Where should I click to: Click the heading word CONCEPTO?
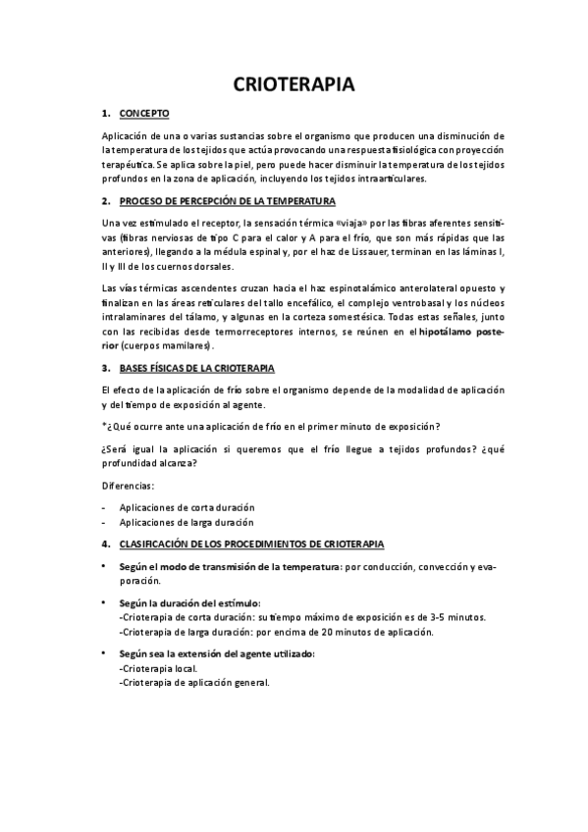pos(144,114)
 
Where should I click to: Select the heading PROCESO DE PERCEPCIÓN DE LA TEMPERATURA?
pos(228,201)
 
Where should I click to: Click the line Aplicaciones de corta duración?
pos(187,507)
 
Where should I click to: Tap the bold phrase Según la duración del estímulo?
pos(189,602)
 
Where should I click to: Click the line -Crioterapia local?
pos(157,667)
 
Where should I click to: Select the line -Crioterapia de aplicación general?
pos(193,682)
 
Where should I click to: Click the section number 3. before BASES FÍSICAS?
pos(106,368)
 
